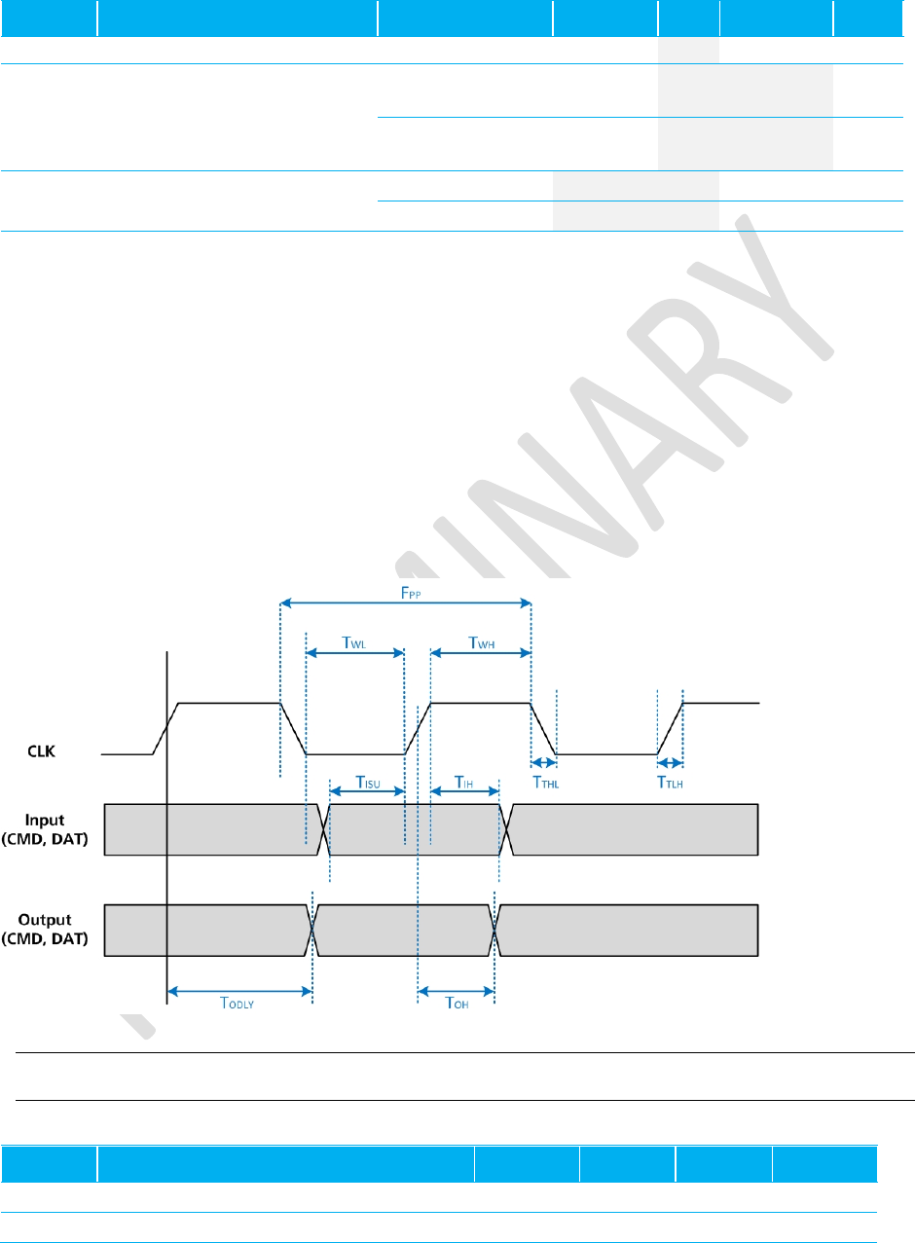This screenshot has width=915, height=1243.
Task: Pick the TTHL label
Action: (543, 781)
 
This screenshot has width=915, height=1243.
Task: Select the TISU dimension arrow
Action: (367, 792)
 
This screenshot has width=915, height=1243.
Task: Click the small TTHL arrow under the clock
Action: (543, 762)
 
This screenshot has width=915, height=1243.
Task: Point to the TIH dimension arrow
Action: (463, 792)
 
